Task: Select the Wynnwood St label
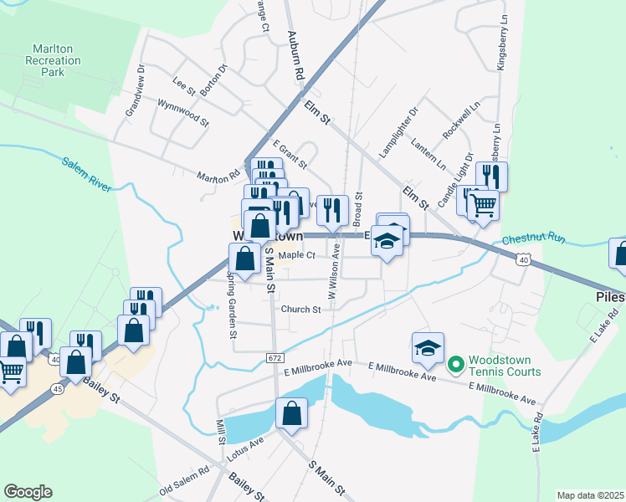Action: click(x=182, y=112)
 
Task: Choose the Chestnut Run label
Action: click(x=534, y=240)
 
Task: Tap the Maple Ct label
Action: click(x=296, y=255)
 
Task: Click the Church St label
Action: click(x=300, y=310)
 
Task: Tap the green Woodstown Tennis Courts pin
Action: click(x=456, y=364)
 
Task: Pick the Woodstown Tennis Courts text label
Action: click(x=504, y=365)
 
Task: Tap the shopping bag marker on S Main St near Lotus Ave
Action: click(x=290, y=413)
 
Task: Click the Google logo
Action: click(x=28, y=492)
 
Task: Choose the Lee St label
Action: click(x=182, y=84)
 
